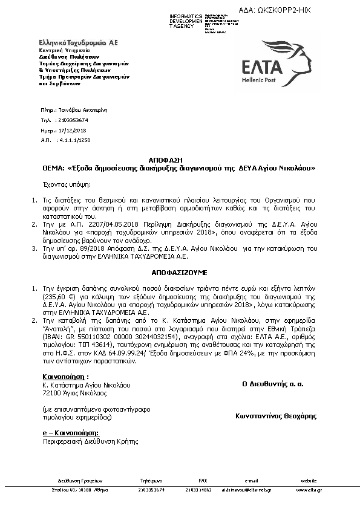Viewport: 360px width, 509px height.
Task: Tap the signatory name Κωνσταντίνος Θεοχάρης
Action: coord(276,416)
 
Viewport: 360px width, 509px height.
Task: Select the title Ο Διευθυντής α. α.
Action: coord(273,383)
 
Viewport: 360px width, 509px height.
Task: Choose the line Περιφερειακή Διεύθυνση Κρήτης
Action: coord(79,443)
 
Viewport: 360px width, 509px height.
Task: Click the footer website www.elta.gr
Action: coord(309,490)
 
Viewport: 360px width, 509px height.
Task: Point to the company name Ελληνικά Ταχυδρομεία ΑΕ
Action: coord(77,43)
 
